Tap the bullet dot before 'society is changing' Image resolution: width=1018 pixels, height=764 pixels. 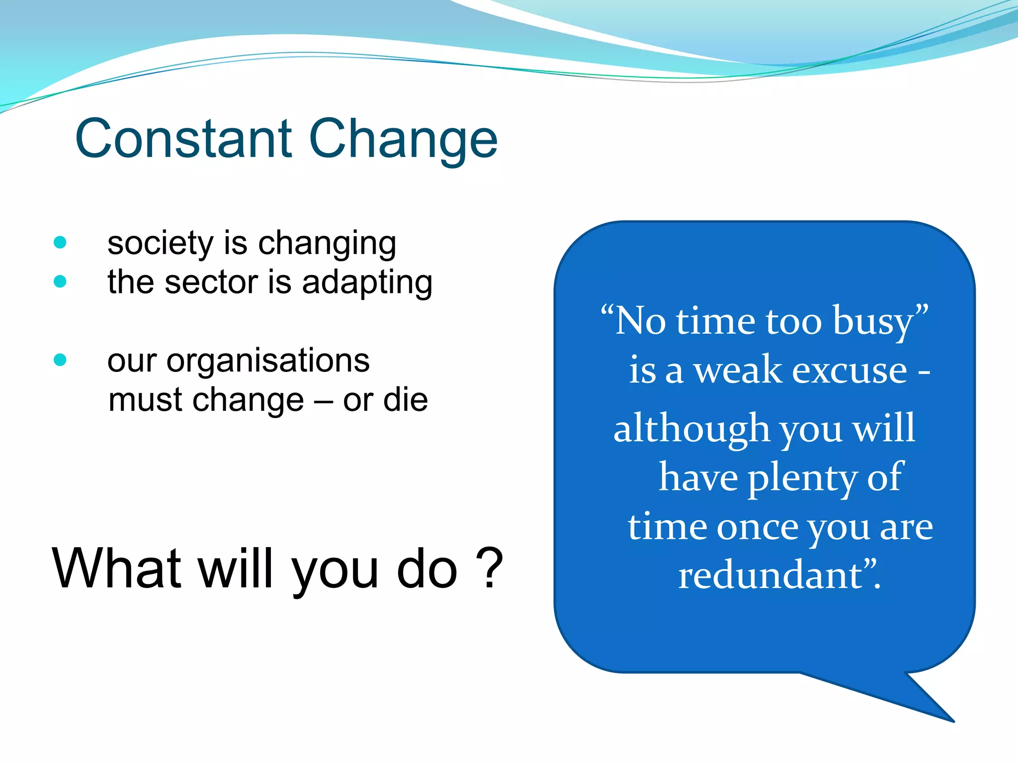tap(60, 242)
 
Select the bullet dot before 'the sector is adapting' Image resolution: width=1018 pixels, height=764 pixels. tap(60, 282)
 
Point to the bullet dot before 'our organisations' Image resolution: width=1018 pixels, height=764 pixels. tap(60, 360)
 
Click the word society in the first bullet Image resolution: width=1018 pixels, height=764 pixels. tap(160, 244)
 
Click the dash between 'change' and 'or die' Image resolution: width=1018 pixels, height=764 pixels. tap(324, 401)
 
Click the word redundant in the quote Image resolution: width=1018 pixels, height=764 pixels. tap(770, 575)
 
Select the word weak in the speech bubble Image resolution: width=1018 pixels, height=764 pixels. tap(738, 371)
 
